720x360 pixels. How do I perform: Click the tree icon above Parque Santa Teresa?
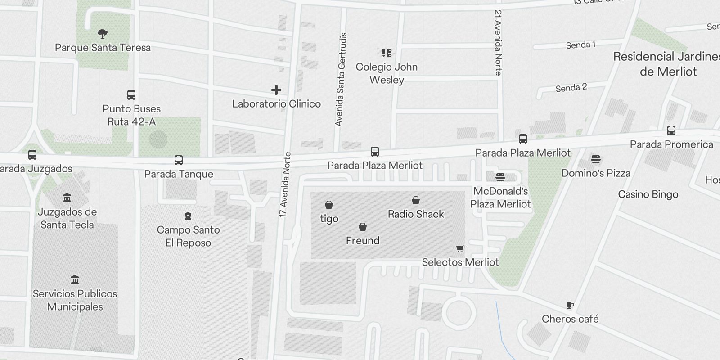click(x=103, y=33)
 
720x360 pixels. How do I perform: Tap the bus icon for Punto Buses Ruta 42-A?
click(x=131, y=95)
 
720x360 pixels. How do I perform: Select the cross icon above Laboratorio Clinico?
click(x=276, y=90)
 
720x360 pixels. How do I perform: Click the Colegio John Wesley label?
click(x=387, y=73)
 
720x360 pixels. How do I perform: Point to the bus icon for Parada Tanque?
click(x=179, y=160)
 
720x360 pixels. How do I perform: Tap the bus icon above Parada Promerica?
click(x=671, y=130)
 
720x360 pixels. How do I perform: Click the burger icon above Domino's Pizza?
click(x=596, y=159)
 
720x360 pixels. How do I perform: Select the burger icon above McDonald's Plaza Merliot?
click(x=500, y=177)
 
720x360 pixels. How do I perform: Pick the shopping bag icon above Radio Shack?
click(x=416, y=200)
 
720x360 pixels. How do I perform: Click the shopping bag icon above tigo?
click(x=329, y=205)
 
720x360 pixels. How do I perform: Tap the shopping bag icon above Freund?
click(x=363, y=227)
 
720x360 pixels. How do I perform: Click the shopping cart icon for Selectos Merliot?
click(x=460, y=248)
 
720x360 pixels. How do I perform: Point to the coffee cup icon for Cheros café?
click(x=570, y=306)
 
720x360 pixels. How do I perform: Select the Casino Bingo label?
click(x=648, y=194)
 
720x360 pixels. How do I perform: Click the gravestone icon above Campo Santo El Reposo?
click(x=188, y=216)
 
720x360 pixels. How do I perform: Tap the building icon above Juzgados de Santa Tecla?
click(x=67, y=198)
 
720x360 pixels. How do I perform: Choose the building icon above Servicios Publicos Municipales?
click(x=75, y=280)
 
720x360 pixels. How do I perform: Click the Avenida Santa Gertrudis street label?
click(x=341, y=79)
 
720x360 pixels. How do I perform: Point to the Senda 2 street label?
click(x=571, y=88)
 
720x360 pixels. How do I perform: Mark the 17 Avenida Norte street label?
click(x=285, y=184)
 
